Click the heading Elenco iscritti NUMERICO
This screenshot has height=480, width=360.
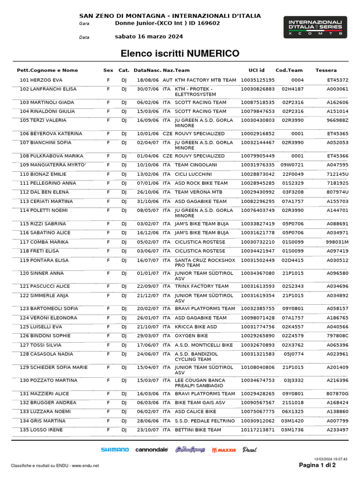(180, 53)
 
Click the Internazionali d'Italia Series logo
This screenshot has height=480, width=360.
(315, 27)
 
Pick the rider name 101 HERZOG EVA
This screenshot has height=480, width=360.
(41, 80)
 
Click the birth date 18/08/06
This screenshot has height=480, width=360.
(148, 80)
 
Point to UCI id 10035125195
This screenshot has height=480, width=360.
(257, 80)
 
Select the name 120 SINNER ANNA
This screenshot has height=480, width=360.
(42, 273)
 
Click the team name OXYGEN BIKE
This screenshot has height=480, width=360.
(191, 336)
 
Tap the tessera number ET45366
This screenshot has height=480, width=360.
(337, 156)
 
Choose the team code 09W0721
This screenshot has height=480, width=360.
(292, 165)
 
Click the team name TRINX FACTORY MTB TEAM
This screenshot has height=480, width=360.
(202, 286)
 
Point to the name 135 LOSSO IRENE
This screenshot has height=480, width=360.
(41, 430)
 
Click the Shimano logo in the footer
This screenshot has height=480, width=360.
(115, 450)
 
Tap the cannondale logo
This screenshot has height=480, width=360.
(151, 450)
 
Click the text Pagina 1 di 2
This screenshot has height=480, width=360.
(317, 465)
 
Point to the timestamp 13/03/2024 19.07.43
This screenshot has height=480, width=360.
(330, 459)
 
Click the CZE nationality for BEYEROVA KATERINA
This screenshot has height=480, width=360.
(167, 134)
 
